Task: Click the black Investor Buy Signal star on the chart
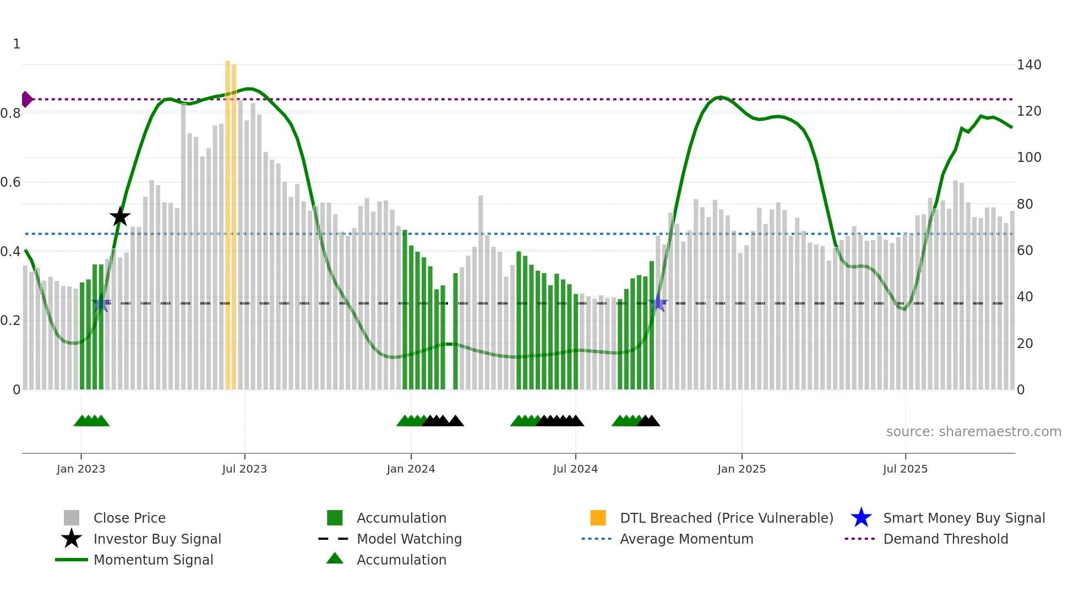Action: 119,216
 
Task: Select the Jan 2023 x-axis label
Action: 81,469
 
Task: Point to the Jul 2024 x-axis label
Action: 575,469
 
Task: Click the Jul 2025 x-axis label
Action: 905,469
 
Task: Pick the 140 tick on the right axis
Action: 1029,65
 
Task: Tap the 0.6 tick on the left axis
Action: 10,182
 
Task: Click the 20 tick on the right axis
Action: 1024,344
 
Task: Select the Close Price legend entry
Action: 129,518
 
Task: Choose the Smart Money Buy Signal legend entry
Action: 963,518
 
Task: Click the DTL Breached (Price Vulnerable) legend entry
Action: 726,518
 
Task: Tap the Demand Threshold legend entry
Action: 945,539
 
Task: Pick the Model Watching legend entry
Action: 409,539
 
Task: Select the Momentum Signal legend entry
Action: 153,560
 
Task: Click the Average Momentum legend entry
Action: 686,539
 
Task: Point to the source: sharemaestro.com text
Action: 973,432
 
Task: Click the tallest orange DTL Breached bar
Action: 228,220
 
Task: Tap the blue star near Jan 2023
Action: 101,303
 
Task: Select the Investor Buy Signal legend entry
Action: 157,539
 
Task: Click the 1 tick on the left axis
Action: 17,44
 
